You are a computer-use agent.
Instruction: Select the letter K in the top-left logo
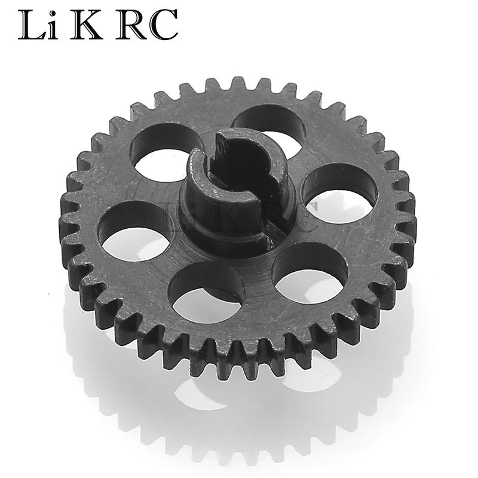pos(86,24)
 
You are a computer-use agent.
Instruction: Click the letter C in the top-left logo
pos(163,25)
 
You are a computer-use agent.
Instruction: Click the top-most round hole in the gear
pos(268,127)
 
